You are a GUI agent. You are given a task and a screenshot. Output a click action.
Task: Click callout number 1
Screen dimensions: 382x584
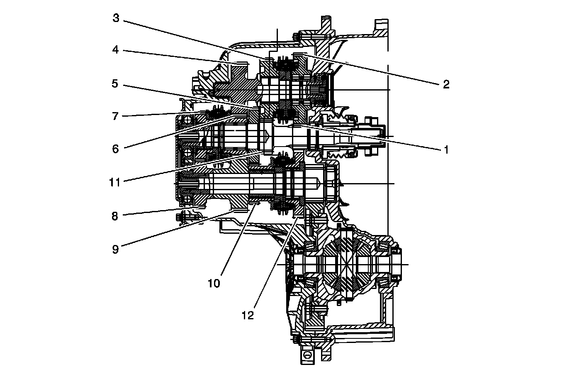coord(446,149)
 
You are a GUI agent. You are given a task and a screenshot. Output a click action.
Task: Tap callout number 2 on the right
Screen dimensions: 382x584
coord(446,84)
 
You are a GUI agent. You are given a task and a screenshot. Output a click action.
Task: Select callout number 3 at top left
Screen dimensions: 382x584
coord(116,18)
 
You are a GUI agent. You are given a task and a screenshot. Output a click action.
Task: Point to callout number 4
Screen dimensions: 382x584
coord(116,50)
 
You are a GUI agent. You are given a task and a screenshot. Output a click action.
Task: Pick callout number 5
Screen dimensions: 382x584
coord(116,84)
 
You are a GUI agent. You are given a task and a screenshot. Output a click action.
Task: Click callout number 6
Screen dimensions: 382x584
coord(116,149)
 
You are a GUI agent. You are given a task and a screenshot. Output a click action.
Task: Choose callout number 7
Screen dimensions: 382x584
coord(116,116)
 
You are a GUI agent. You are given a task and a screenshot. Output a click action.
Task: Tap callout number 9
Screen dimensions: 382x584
coord(116,249)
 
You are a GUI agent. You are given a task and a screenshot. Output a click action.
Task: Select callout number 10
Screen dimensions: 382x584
coord(214,284)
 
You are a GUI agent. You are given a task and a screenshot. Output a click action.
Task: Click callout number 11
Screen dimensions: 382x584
coord(115,182)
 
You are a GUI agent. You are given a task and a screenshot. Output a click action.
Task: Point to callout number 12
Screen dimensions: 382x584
coord(248,316)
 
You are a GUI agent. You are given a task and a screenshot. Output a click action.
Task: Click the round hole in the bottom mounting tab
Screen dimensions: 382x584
coord(307,355)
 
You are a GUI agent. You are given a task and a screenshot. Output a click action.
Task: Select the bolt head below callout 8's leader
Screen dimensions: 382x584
coord(181,216)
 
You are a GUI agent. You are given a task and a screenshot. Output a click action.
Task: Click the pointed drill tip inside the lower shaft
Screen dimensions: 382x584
coord(318,183)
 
